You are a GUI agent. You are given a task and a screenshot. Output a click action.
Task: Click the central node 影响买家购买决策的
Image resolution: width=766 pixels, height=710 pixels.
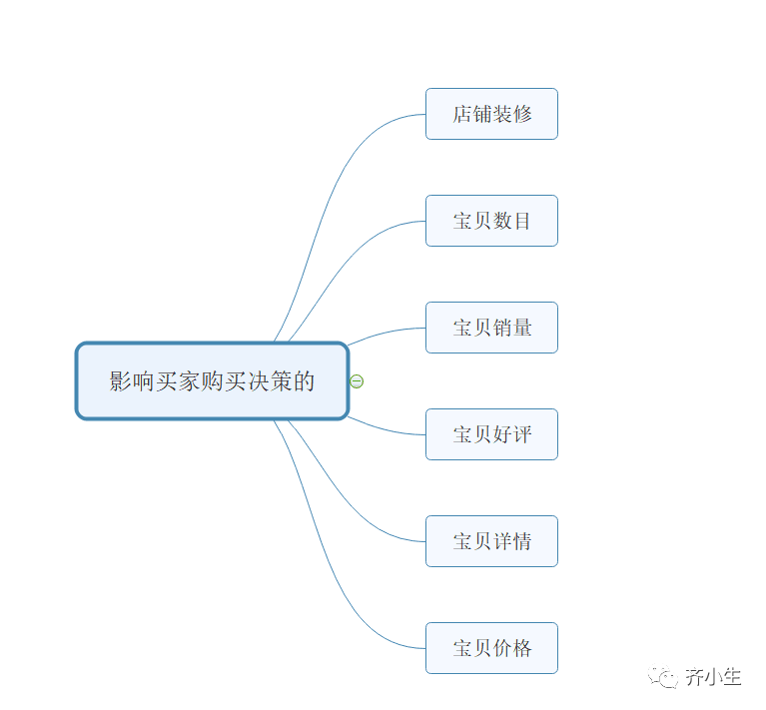212,380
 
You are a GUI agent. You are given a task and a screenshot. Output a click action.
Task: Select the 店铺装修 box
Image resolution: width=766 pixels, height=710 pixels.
491,114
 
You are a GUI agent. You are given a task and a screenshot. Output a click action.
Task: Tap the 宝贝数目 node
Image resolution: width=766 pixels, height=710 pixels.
491,221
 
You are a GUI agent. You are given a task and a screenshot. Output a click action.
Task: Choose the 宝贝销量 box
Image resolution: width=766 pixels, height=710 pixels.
491,328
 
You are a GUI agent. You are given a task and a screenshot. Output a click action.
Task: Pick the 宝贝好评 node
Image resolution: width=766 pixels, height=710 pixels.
491,434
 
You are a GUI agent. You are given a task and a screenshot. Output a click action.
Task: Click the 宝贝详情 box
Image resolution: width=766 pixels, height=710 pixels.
491,541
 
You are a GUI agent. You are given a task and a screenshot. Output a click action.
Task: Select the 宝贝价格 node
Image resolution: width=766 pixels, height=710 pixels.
491,648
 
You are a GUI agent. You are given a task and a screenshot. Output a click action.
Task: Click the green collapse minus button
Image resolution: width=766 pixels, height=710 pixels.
358,380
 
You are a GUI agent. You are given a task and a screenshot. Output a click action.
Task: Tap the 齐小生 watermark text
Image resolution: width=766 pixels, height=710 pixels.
713,677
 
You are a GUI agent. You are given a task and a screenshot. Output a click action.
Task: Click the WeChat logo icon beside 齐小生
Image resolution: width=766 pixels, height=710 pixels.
664,677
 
